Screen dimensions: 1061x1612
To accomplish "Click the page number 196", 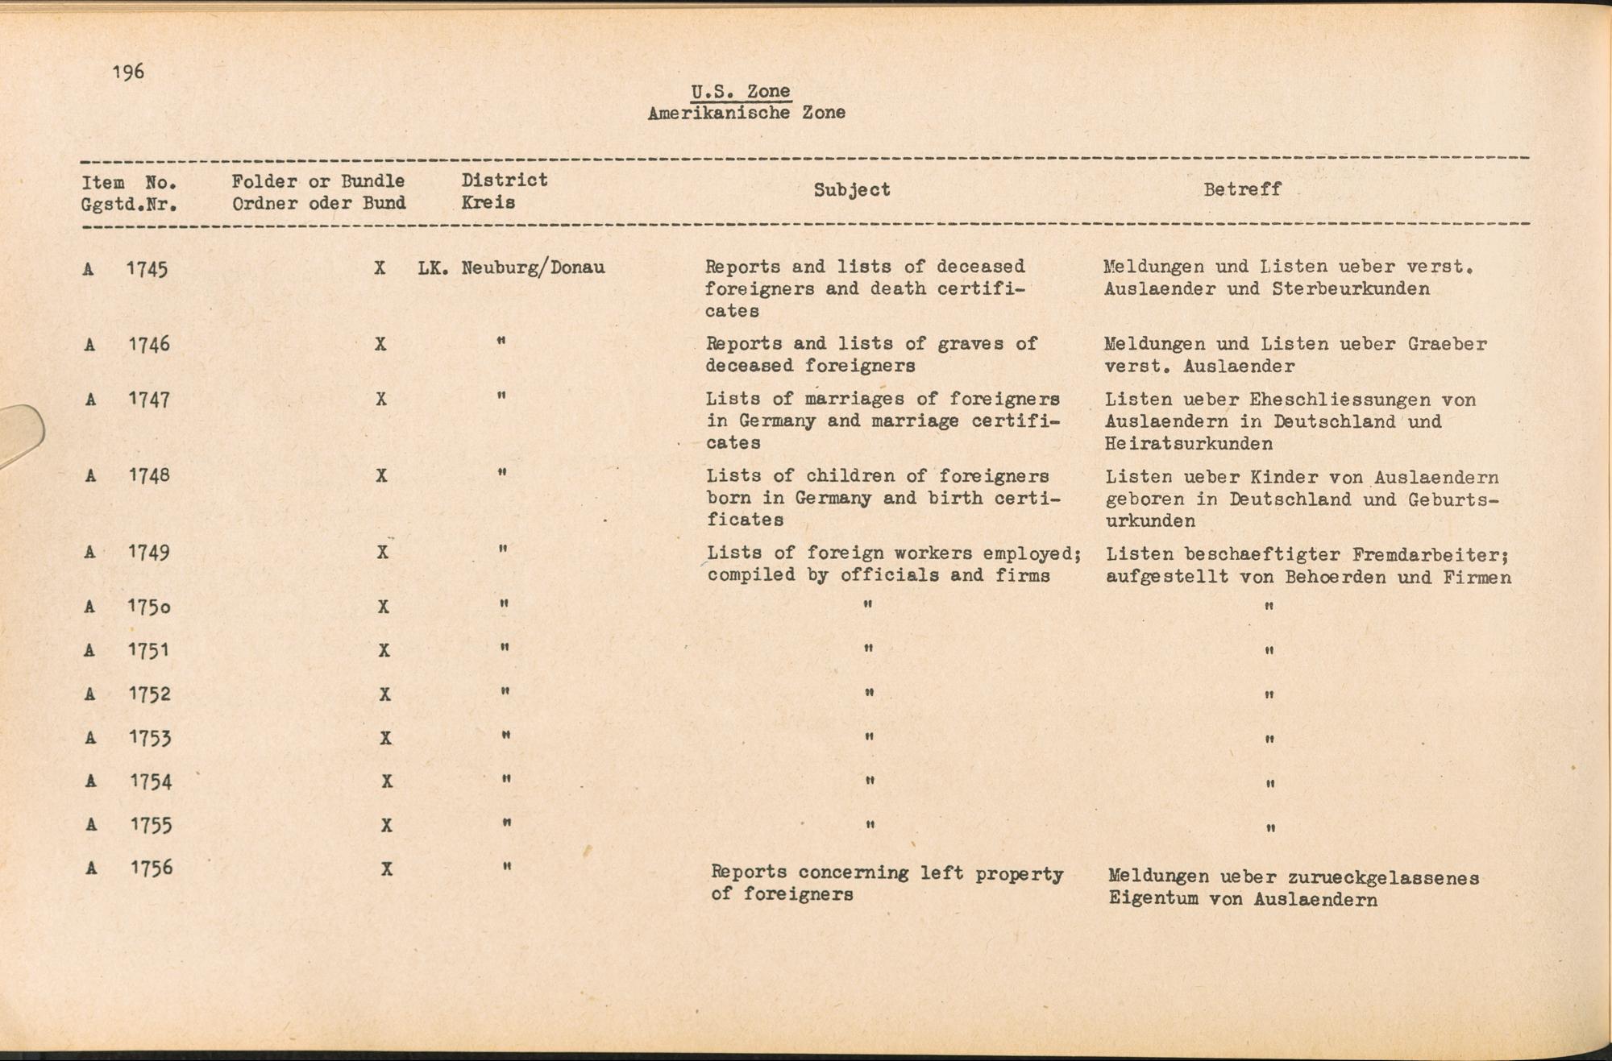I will (128, 73).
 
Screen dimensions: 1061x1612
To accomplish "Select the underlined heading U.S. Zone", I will (741, 92).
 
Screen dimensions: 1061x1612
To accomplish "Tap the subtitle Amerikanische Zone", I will (746, 114).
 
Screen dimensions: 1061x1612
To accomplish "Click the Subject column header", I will (851, 190).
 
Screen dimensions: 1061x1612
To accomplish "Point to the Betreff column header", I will (1241, 190).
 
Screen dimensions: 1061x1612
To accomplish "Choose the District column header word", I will (504, 180).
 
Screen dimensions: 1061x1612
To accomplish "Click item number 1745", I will (147, 269).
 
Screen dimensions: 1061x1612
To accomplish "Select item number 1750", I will (149, 607).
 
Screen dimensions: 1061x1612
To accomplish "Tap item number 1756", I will (152, 868).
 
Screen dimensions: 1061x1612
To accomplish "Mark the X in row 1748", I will (381, 475).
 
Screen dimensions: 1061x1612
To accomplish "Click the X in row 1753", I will (385, 738).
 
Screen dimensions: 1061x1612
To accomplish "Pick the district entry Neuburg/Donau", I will (533, 267).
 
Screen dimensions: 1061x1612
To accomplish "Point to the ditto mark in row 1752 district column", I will (504, 691).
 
